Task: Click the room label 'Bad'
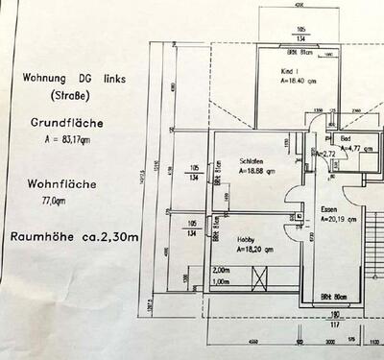point(346,140)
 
